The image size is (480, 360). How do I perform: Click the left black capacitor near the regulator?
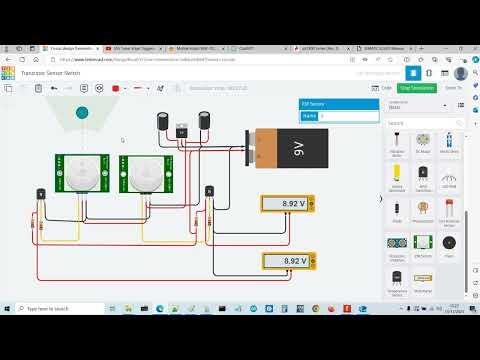[162, 120]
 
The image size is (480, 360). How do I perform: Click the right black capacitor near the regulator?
[203, 120]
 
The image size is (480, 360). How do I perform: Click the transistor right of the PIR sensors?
[210, 191]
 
